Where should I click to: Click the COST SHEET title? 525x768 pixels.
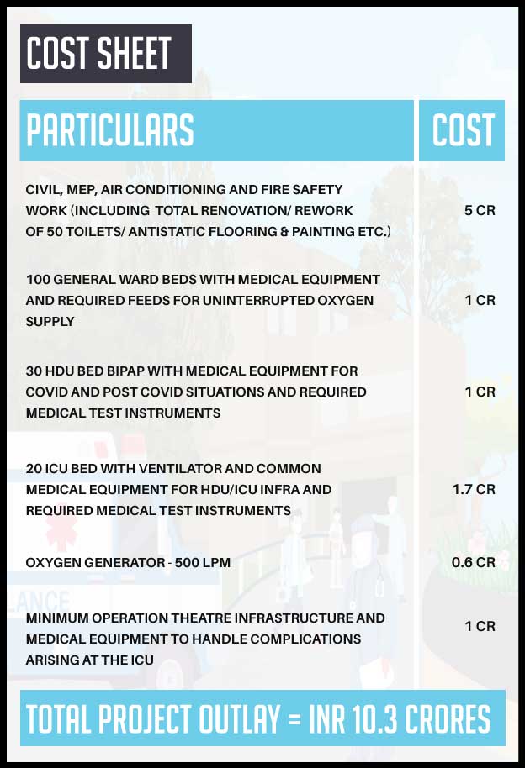pos(99,54)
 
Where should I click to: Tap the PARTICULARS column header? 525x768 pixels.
pos(110,130)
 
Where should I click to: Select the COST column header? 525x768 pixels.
pos(463,130)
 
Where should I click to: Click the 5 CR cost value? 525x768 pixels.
pos(480,210)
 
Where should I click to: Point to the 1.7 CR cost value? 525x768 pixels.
pos(474,489)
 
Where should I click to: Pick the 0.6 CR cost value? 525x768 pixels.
pos(474,562)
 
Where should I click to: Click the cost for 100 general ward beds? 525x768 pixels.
pos(480,300)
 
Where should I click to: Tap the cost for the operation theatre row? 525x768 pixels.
pos(480,626)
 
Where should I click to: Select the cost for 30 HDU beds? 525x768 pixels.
pos(480,392)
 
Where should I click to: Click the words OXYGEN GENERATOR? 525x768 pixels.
pos(93,562)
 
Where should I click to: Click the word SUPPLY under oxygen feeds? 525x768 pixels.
pos(50,321)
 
